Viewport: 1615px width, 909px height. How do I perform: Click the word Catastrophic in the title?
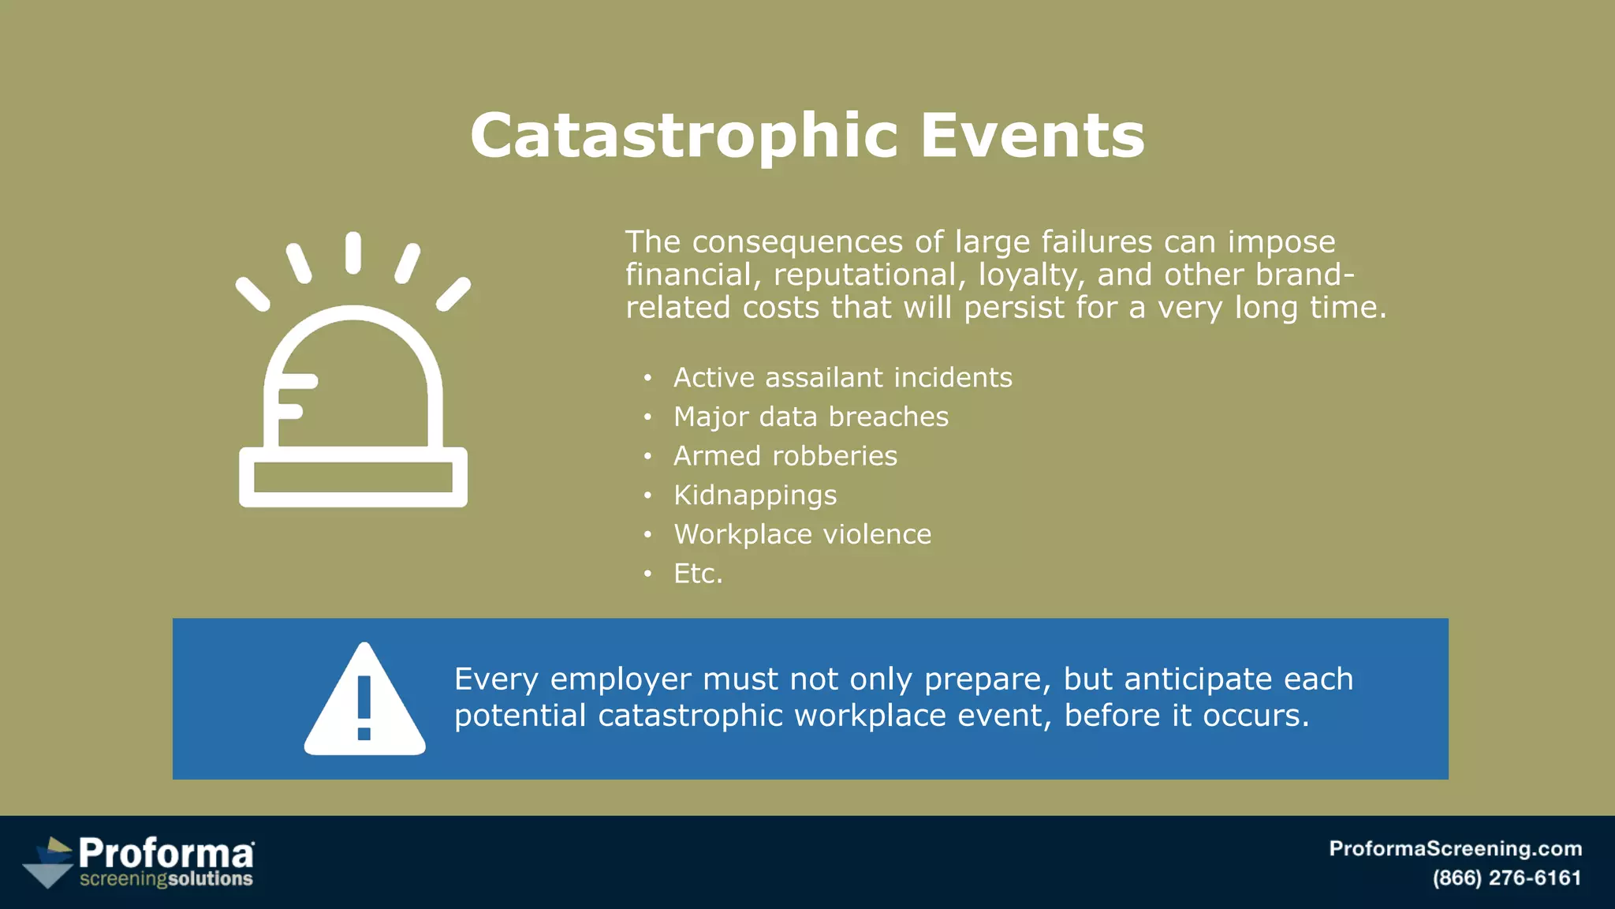coord(683,136)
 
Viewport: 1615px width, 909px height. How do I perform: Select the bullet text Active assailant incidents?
coord(842,378)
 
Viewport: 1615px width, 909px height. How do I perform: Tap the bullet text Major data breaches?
coord(811,417)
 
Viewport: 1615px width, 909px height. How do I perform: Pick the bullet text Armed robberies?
coord(785,456)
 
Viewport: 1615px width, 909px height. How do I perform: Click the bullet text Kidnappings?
coord(755,496)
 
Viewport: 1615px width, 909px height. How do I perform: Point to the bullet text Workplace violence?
coord(802,535)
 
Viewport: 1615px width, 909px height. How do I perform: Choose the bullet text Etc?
coord(697,574)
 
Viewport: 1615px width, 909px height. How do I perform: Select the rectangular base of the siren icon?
coord(352,477)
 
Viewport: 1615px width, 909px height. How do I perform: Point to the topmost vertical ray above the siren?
coord(353,252)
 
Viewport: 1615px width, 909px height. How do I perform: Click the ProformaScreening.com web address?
coord(1455,849)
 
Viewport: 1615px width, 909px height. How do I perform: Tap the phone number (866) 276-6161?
coord(1506,878)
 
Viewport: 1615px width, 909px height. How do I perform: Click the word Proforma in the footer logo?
coord(166,853)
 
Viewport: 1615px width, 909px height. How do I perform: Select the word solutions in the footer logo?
coord(211,879)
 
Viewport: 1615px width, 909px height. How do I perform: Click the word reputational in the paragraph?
coord(864,275)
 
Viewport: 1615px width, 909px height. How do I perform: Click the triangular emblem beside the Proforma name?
coord(49,863)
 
